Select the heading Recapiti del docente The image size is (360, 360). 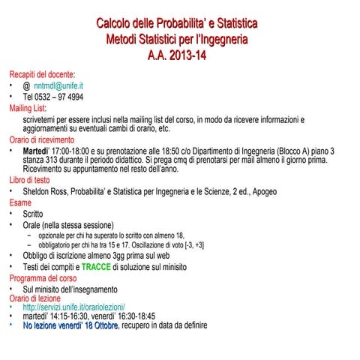point(42,75)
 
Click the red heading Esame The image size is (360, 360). point(20,202)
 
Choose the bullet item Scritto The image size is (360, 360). point(33,214)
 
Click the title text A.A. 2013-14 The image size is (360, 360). point(179,54)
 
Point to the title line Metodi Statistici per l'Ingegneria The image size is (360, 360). point(179,38)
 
